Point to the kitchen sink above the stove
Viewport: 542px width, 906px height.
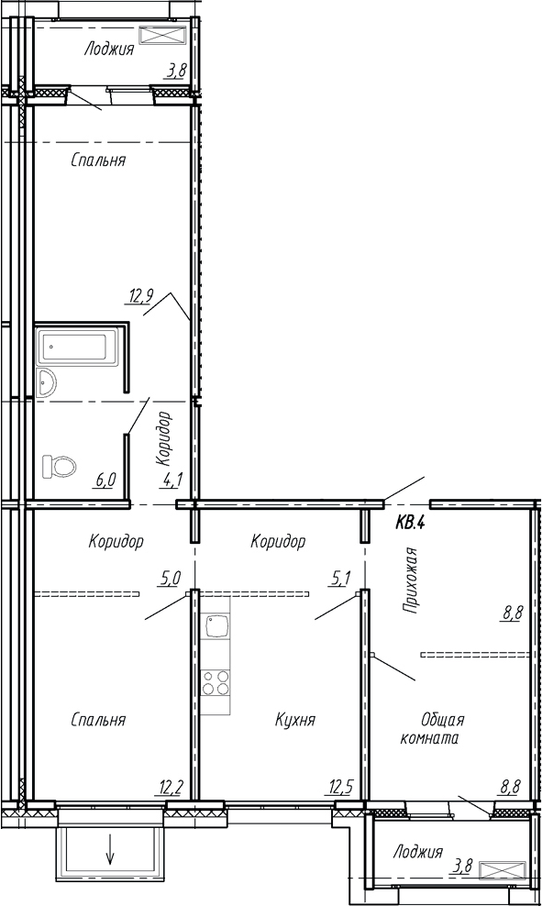coord(217,628)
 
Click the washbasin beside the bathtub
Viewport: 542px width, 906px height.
coord(48,382)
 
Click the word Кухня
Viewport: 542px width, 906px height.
coord(295,720)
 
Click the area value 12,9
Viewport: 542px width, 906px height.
coord(139,295)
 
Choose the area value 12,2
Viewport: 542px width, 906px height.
coord(171,785)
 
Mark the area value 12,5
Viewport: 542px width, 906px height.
coord(341,785)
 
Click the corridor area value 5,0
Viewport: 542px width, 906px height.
coord(171,578)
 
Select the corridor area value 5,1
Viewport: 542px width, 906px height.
coord(341,578)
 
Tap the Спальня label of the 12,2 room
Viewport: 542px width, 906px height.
coord(98,720)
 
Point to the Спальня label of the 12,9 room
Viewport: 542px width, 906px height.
coord(98,160)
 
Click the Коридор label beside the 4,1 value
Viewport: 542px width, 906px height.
coord(164,438)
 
